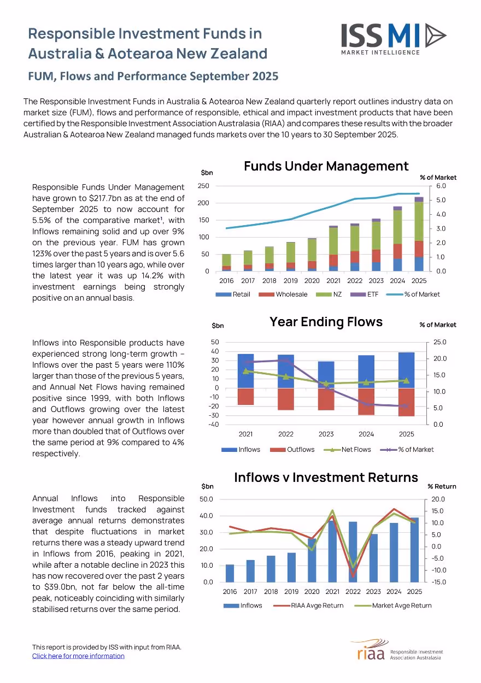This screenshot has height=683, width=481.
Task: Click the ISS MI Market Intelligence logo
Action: (394, 39)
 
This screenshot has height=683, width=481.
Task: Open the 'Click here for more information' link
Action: (78, 656)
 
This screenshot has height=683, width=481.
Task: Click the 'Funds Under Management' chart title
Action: (326, 166)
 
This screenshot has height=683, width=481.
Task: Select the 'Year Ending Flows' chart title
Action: (326, 322)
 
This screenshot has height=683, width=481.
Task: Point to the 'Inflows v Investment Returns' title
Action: (326, 477)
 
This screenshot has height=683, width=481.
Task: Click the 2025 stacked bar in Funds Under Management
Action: (419, 234)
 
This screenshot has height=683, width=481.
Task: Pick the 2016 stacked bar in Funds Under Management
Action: (226, 262)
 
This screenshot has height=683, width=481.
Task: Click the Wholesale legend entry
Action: (283, 295)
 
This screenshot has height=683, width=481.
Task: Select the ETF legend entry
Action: (364, 295)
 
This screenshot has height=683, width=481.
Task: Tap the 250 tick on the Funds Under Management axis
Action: (203, 186)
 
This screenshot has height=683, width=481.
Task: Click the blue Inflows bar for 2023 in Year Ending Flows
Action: (326, 375)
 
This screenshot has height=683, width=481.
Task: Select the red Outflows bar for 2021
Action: (245, 396)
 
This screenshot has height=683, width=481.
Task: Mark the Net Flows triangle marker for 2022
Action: (286, 377)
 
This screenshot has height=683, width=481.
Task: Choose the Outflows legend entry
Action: (292, 450)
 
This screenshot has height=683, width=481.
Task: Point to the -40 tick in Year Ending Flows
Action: (214, 425)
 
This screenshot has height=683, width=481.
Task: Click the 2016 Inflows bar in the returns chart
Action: (230, 573)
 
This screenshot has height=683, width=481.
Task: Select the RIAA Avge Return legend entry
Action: (308, 605)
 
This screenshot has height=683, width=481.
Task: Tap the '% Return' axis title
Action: (442, 486)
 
